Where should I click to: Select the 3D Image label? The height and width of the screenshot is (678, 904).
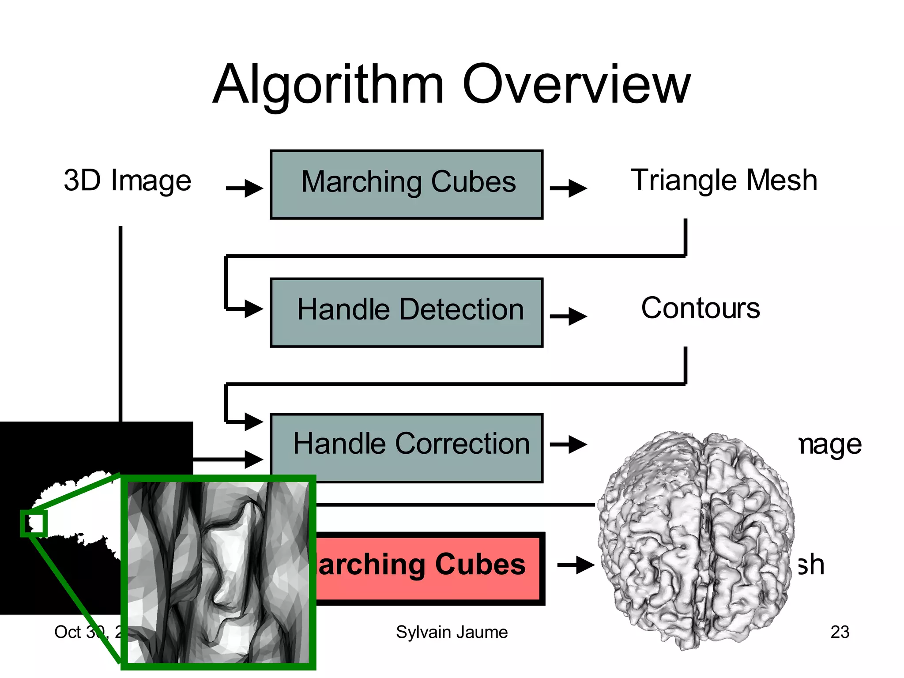point(127,181)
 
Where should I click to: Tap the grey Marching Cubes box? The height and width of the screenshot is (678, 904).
point(407,185)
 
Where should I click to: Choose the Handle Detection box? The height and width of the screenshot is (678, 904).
point(407,312)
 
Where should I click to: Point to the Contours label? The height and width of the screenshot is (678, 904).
point(701,308)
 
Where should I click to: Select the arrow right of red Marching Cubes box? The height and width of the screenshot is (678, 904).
point(576,565)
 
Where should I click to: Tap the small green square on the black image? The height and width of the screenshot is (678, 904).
point(34,524)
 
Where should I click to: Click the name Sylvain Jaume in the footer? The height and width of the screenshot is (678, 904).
point(452,632)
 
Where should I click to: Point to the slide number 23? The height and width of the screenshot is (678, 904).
point(840,632)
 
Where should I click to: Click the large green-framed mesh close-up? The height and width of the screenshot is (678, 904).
point(218,572)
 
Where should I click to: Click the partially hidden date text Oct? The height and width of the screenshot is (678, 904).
point(67,632)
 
